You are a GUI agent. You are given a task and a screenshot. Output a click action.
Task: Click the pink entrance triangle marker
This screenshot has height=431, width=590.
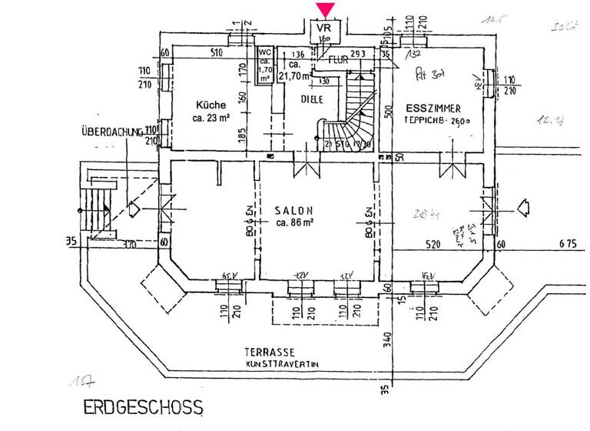click(326, 10)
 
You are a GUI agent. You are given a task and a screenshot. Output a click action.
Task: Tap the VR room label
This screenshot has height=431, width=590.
click(326, 27)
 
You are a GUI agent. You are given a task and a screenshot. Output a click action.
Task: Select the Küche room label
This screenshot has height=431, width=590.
click(210, 105)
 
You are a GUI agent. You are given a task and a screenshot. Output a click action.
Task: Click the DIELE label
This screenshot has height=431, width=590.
click(312, 99)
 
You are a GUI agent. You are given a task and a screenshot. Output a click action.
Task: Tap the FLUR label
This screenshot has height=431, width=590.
click(339, 58)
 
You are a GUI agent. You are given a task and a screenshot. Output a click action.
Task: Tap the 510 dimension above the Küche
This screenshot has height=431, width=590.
click(217, 53)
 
